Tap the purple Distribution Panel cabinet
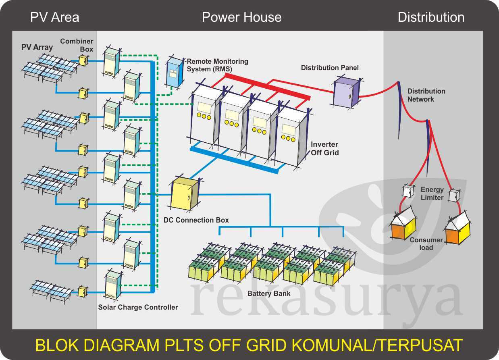coord(346,92)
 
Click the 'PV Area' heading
coord(54,17)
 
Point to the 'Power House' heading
coord(241,17)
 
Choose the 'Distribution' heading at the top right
coord(431,17)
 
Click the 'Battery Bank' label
coord(269,293)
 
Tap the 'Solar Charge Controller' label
coord(138,307)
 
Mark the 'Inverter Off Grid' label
coord(324,148)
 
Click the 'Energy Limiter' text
coord(432,194)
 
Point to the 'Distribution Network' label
coord(426,95)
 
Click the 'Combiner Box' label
coord(77,45)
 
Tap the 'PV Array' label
coord(37,47)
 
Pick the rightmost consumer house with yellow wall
coord(457,229)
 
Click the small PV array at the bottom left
coord(52,289)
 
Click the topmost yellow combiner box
coord(83,60)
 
